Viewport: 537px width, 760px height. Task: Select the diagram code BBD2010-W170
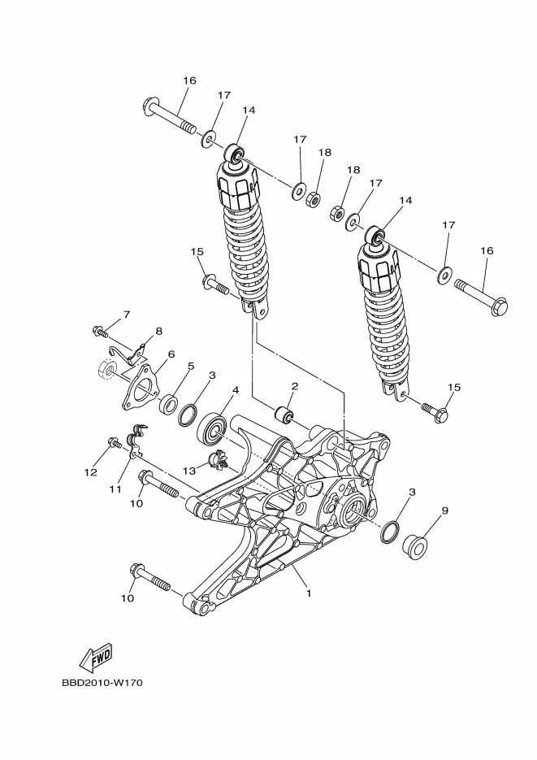pyautogui.click(x=102, y=683)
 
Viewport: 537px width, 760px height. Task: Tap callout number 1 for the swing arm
pyautogui.click(x=309, y=593)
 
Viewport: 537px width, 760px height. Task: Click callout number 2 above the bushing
pyautogui.click(x=294, y=386)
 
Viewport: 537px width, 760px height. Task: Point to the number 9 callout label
pyautogui.click(x=445, y=510)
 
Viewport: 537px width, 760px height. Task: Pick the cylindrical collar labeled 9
pyautogui.click(x=415, y=547)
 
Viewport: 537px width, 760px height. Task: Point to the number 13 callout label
pyautogui.click(x=189, y=470)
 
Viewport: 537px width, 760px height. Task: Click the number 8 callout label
pyautogui.click(x=158, y=331)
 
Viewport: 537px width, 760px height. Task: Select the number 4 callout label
pyautogui.click(x=236, y=389)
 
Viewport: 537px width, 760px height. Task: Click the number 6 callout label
pyautogui.click(x=171, y=354)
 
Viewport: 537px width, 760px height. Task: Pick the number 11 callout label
pyautogui.click(x=115, y=489)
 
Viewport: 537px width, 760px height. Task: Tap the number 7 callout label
pyautogui.click(x=127, y=315)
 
